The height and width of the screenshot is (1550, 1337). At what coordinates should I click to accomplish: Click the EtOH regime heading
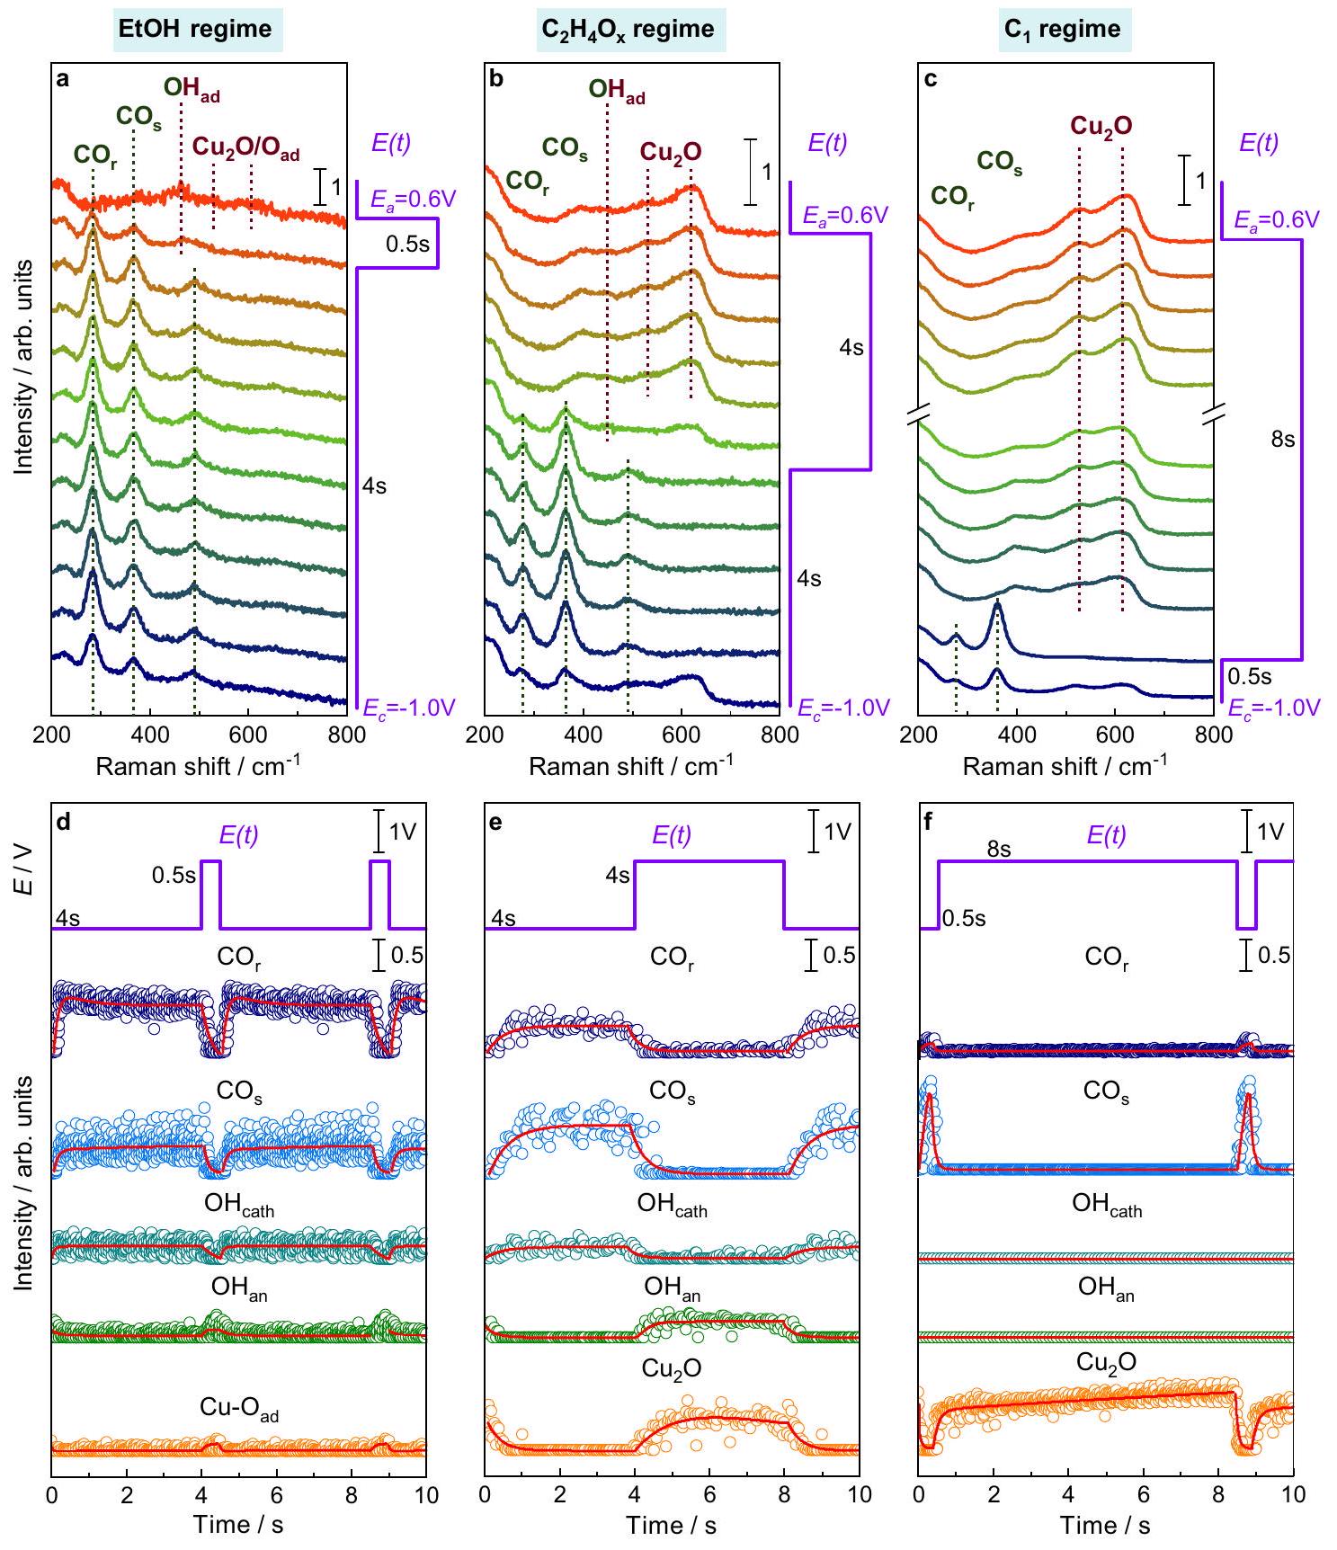point(200,28)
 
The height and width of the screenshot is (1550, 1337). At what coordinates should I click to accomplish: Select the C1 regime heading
point(1063,28)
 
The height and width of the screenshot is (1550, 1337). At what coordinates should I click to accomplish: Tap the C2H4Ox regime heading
point(628,28)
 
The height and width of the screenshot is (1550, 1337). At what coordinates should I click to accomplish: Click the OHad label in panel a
point(191,89)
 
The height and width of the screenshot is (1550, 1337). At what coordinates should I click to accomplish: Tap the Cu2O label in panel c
point(1101,127)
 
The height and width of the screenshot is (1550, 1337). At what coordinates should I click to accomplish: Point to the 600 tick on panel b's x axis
point(681,734)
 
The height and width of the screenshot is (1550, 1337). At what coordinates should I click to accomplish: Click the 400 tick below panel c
point(1016,734)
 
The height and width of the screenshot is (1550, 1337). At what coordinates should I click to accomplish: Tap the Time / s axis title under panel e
point(672,1525)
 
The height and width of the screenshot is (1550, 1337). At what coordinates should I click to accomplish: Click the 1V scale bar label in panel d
point(406,832)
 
